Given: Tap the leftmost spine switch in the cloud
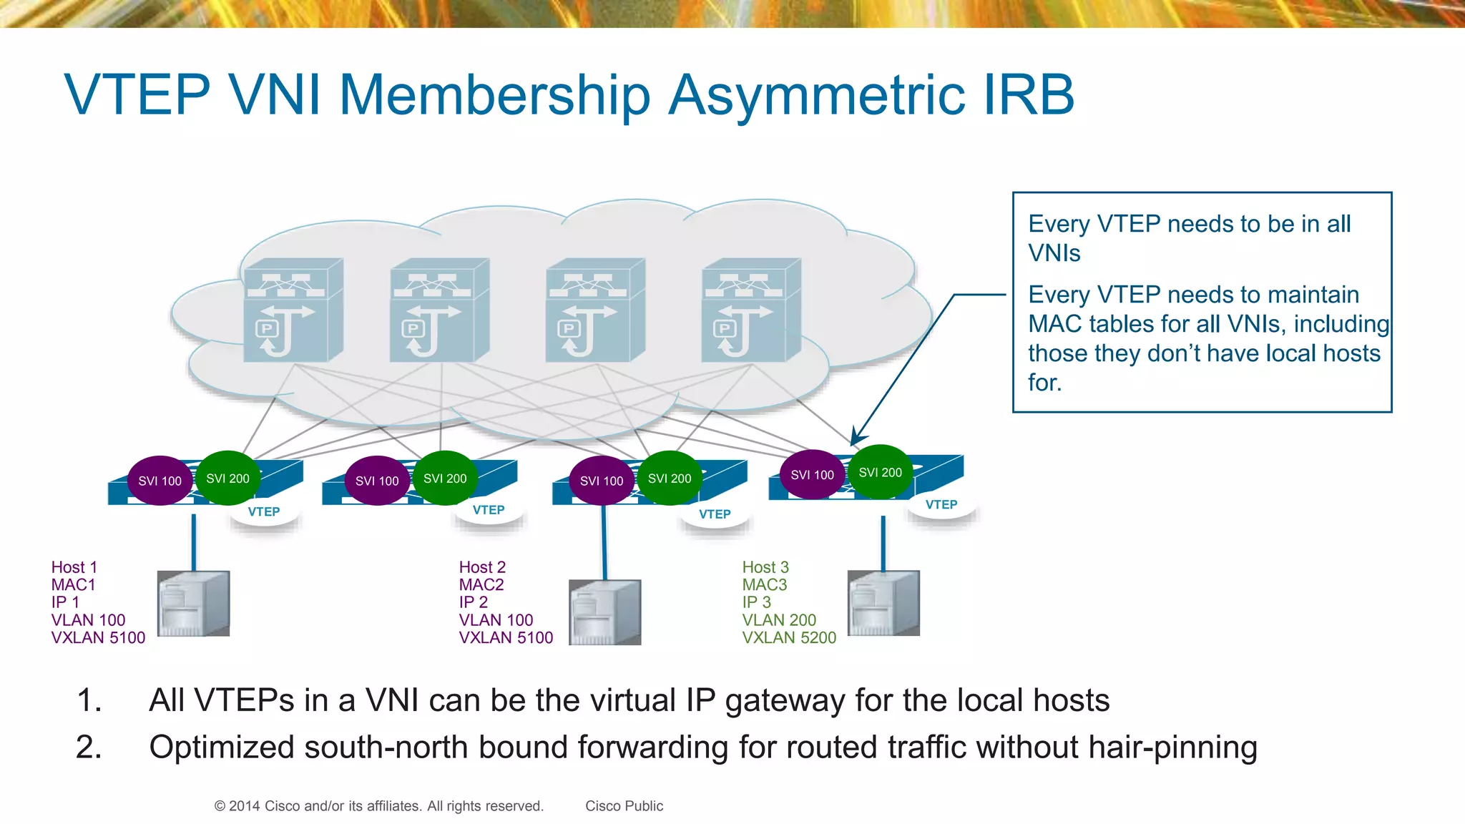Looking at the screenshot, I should pos(293,310).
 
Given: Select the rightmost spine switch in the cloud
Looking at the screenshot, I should pos(751,310).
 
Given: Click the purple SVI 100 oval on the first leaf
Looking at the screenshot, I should pos(160,481).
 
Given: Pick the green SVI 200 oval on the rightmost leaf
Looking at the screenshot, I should pos(880,472).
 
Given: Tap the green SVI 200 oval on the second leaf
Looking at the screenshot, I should pos(445,478).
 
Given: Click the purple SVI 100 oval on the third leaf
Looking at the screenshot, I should pos(602,481).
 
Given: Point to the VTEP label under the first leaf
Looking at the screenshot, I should pos(264,512).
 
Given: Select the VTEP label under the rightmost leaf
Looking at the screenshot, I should pos(941,505).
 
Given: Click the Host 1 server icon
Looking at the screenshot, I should pos(193,604).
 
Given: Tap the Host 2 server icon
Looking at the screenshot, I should pos(605,612).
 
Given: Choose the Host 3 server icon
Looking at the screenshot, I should pos(883,604).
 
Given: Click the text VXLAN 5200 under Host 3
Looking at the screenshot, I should pos(789,637).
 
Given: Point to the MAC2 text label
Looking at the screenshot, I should pos(481,584).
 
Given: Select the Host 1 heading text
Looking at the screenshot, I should pos(74,567).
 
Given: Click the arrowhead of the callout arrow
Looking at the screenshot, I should pos(856,438).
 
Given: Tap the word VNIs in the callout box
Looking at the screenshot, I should pos(1054,253).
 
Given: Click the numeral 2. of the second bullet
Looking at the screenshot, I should pos(89,747).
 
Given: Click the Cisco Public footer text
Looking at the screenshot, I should pos(624,806).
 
